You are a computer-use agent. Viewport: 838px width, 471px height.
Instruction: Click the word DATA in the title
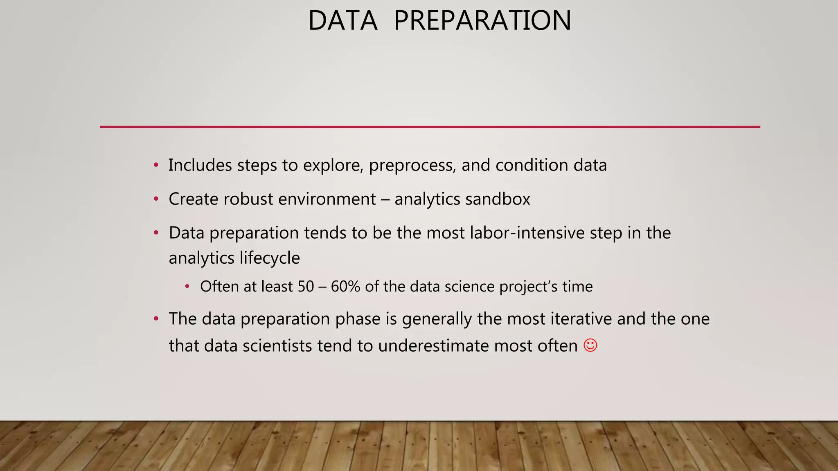pyautogui.click(x=342, y=20)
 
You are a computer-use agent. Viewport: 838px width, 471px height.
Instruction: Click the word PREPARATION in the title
pyautogui.click(x=482, y=20)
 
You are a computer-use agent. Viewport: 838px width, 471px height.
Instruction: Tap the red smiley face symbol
pyautogui.click(x=590, y=345)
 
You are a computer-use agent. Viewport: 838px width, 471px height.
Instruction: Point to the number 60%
pyautogui.click(x=345, y=286)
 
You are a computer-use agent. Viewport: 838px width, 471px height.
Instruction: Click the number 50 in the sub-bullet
pyautogui.click(x=305, y=286)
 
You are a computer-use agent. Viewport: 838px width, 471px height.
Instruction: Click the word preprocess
pyautogui.click(x=412, y=165)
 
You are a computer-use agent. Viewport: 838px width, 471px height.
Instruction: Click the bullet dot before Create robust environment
pyautogui.click(x=156, y=199)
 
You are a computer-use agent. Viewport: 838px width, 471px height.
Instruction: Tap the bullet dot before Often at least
pyautogui.click(x=187, y=286)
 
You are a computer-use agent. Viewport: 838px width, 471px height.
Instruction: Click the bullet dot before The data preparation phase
pyautogui.click(x=156, y=318)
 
